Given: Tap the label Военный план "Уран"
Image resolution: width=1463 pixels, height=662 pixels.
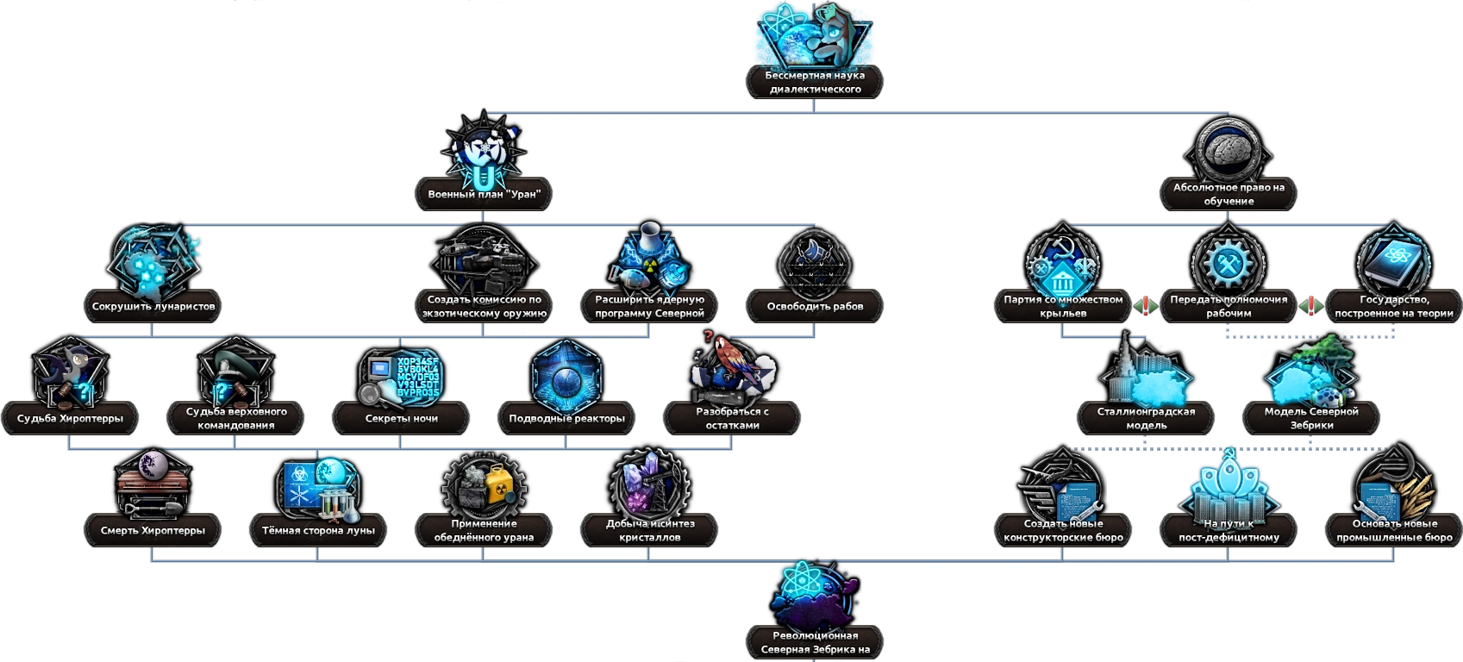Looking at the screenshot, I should [484, 194].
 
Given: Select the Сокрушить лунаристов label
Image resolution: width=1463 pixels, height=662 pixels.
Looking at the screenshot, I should [153, 306].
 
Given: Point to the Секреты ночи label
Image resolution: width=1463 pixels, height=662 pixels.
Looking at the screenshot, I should [402, 418].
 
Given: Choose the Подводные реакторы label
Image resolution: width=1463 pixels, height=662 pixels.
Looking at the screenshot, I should [566, 418].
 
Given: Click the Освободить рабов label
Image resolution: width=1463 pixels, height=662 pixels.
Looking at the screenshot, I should [815, 306].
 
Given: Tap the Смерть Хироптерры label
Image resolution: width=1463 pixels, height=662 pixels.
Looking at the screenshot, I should [153, 530].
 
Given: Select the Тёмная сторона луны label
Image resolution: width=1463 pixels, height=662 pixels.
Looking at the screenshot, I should [318, 530].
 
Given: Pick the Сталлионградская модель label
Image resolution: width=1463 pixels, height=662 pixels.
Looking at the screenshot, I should [1146, 418].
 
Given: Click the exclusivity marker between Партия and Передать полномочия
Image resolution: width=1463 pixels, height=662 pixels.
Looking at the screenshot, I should [1145, 306].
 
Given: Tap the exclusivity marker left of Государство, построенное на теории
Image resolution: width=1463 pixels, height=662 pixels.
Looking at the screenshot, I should [1310, 306].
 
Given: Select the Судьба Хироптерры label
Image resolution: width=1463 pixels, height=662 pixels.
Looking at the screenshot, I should [71, 418].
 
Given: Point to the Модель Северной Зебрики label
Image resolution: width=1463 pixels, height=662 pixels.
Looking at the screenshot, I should [1311, 418].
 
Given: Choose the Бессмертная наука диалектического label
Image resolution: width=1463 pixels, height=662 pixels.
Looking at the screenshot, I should [815, 82].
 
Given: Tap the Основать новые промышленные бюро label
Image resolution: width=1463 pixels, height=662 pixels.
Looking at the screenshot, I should [1394, 530].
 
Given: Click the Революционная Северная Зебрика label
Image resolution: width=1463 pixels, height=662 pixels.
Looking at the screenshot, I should [815, 642].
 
